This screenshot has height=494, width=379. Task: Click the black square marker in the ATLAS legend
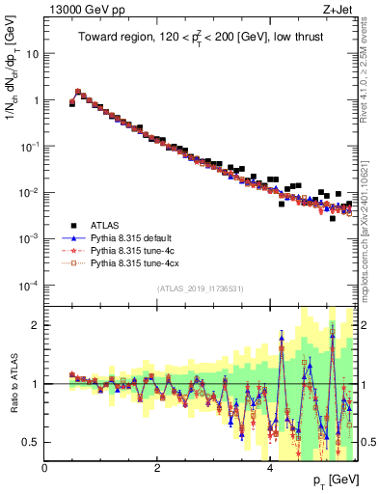pos(72,222)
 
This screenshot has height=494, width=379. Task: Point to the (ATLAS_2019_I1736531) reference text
pos(201,289)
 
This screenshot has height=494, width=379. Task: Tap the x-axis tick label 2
pos(157,468)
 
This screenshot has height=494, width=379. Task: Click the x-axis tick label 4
pos(269,468)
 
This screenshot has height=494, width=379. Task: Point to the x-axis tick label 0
pos(45,468)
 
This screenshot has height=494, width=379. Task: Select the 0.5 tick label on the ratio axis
pos(30,442)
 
